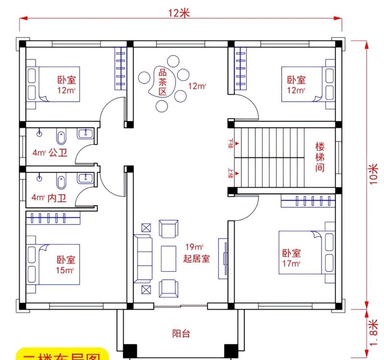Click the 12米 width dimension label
pyautogui.click(x=179, y=13)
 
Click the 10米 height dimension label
pyautogui.click(x=374, y=175)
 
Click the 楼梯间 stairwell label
pyautogui.click(x=320, y=156)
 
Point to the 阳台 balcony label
pyautogui.click(x=181, y=333)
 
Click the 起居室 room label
pyautogui.click(x=196, y=259)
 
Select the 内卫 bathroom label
pyautogui.click(x=58, y=197)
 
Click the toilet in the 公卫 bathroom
pyautogui.click(x=61, y=137)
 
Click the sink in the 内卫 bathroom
pyautogui.click(x=87, y=179)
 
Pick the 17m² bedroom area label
pyautogui.click(x=291, y=263)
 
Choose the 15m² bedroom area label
pyautogui.click(x=66, y=270)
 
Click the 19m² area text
pyautogui.click(x=193, y=247)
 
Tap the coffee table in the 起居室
pyautogui.click(x=168, y=258)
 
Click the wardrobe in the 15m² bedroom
pyautogui.click(x=53, y=218)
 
